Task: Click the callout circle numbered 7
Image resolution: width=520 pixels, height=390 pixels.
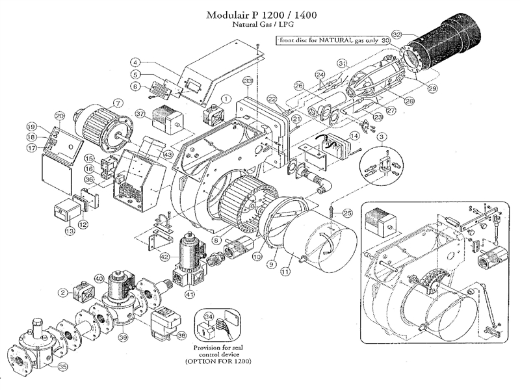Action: pos(117,103)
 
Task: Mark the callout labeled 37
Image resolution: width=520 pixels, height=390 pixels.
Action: pos(140,113)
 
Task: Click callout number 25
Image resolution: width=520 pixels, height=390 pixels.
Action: pos(348,212)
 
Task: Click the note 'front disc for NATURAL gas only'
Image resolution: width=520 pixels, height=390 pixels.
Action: pos(318,40)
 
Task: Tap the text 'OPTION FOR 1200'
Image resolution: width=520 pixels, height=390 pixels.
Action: pos(224,360)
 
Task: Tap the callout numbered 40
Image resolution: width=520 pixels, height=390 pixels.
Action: pos(99,278)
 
